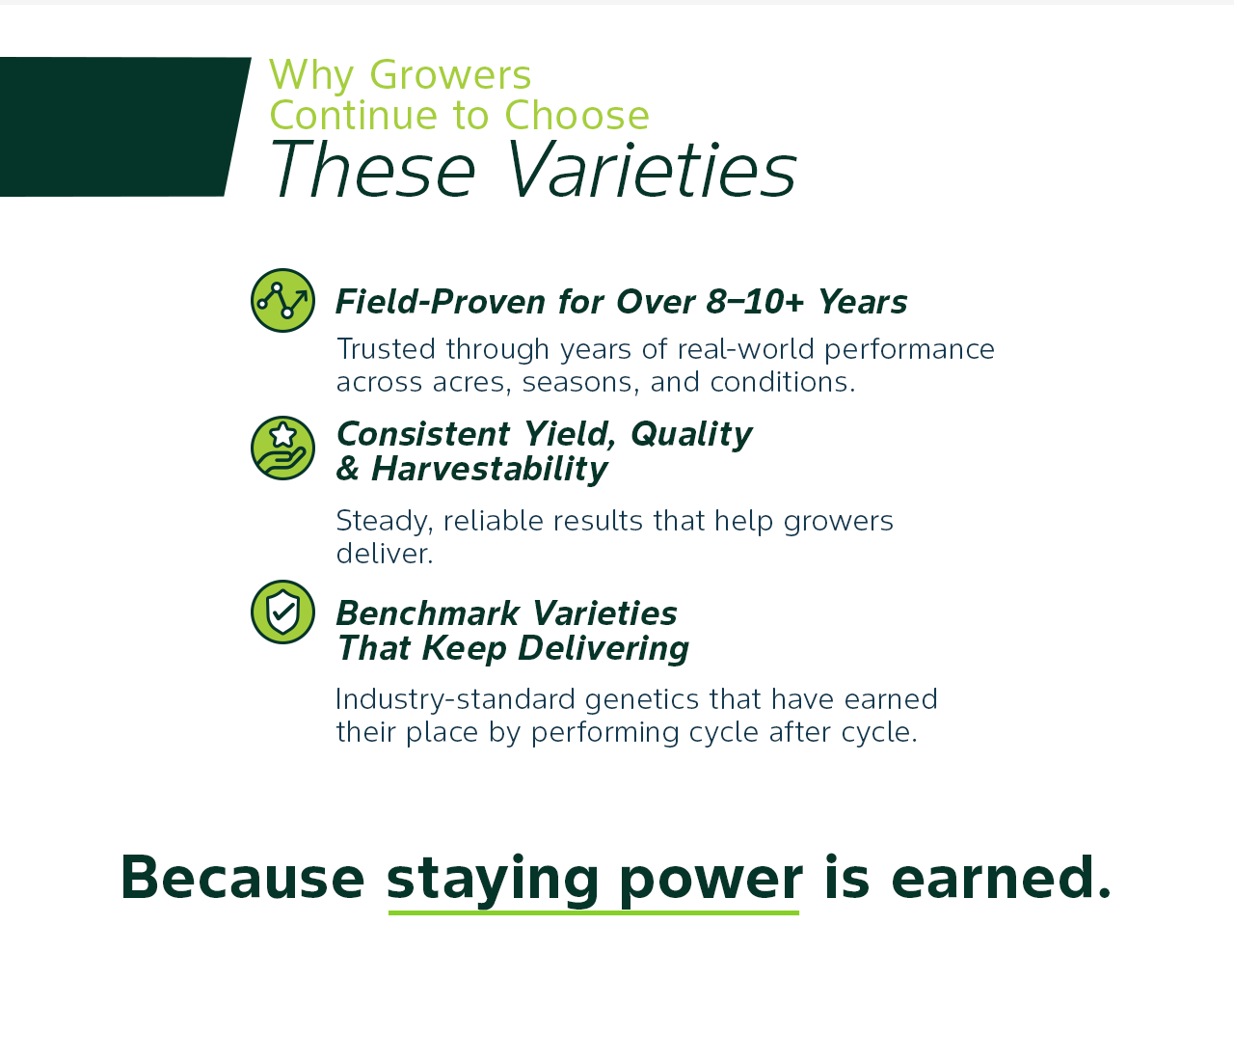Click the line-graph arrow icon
coord(282,300)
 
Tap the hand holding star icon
coord(282,449)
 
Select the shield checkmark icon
coord(282,612)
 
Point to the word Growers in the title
coord(450,75)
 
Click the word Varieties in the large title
coord(651,170)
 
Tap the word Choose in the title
coord(577,116)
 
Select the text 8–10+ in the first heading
coord(755,302)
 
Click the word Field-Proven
coord(441,302)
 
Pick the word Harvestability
coord(489,469)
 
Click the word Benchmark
coord(427,613)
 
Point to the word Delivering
coord(603,649)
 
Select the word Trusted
coord(386,349)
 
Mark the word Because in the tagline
coord(242,877)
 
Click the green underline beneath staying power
coord(594,912)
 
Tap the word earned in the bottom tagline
coord(993,877)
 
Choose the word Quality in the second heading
coord(691,435)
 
